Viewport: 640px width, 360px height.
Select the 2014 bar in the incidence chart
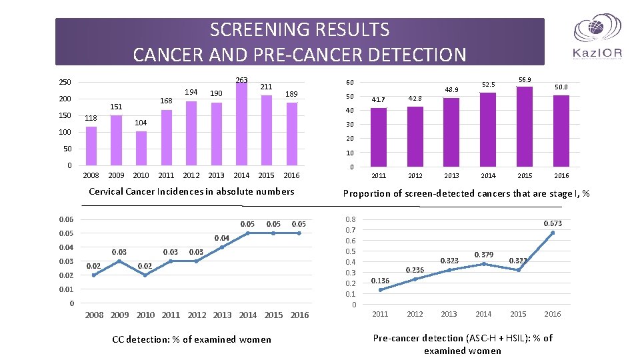coord(241,124)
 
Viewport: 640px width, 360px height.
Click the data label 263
coord(241,80)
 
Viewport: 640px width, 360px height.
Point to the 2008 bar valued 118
coord(91,146)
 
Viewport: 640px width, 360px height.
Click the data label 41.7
coord(379,100)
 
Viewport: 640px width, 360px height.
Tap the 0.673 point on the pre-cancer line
coord(553,233)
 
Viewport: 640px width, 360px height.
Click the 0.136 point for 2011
coord(380,290)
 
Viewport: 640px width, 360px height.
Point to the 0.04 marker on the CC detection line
coord(222,247)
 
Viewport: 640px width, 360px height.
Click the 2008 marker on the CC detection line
coord(94,275)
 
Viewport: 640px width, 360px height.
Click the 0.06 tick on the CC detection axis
coord(65,219)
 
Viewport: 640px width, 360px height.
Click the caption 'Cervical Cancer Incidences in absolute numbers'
coord(191,191)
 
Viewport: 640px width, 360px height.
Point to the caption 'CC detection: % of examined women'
coord(191,339)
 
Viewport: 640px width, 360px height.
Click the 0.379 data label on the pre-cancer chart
coord(483,255)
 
